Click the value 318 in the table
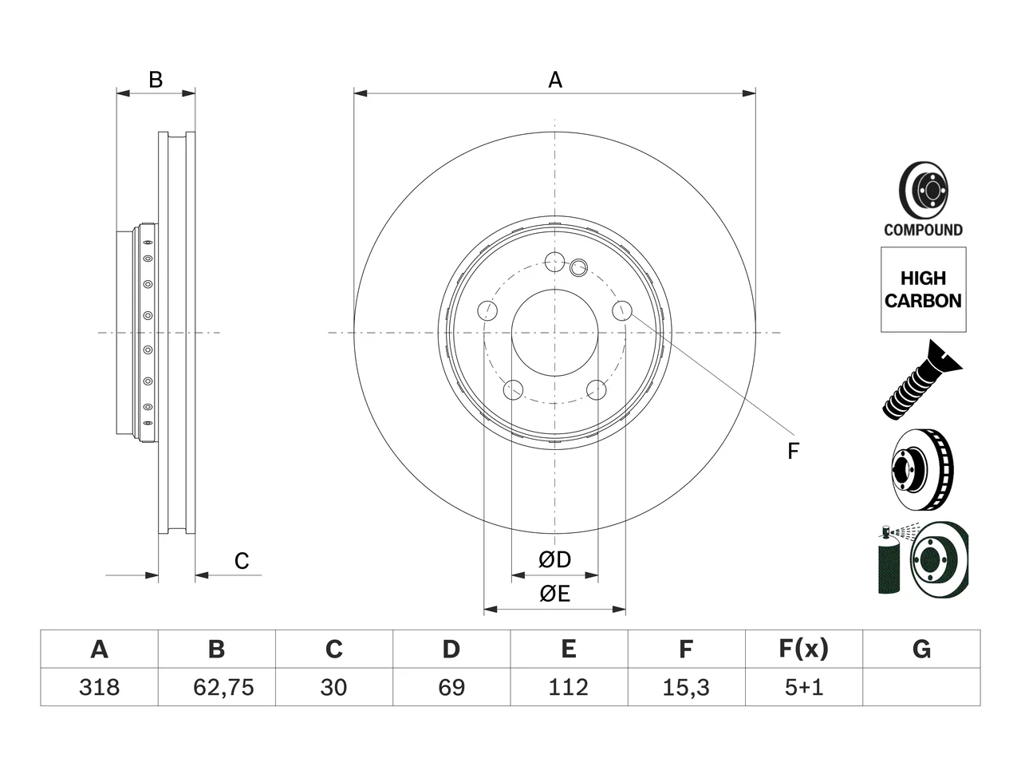click(99, 687)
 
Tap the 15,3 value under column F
click(686, 687)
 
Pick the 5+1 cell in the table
click(804, 687)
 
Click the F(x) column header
click(804, 649)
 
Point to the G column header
click(921, 649)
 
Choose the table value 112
click(569, 687)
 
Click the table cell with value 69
click(451, 687)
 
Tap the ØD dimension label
click(554, 559)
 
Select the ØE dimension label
click(554, 594)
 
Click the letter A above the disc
click(555, 80)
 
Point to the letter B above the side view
click(156, 80)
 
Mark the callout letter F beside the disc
click(793, 451)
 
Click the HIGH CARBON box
click(924, 290)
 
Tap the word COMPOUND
click(924, 230)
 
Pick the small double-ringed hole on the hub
click(578, 267)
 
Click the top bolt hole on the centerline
click(554, 262)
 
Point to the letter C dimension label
click(242, 561)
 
